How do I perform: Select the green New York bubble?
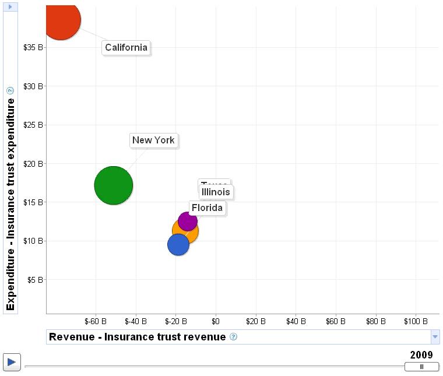(x=113, y=186)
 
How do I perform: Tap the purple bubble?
(x=187, y=221)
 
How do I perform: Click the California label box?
(x=126, y=48)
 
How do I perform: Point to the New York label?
(x=153, y=140)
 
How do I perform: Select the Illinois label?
(x=216, y=192)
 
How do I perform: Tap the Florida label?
(x=207, y=208)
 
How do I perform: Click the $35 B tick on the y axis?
(x=33, y=47)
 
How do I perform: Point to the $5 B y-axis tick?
(x=35, y=279)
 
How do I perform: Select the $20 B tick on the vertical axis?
(x=33, y=163)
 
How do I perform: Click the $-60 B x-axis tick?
(x=95, y=321)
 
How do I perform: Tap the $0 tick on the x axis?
(x=215, y=321)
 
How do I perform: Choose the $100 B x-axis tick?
(x=416, y=321)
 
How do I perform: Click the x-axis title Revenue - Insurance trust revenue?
(x=137, y=337)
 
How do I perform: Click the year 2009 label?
(x=421, y=355)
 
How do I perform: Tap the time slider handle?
(x=421, y=367)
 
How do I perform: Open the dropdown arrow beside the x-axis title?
(x=435, y=337)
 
